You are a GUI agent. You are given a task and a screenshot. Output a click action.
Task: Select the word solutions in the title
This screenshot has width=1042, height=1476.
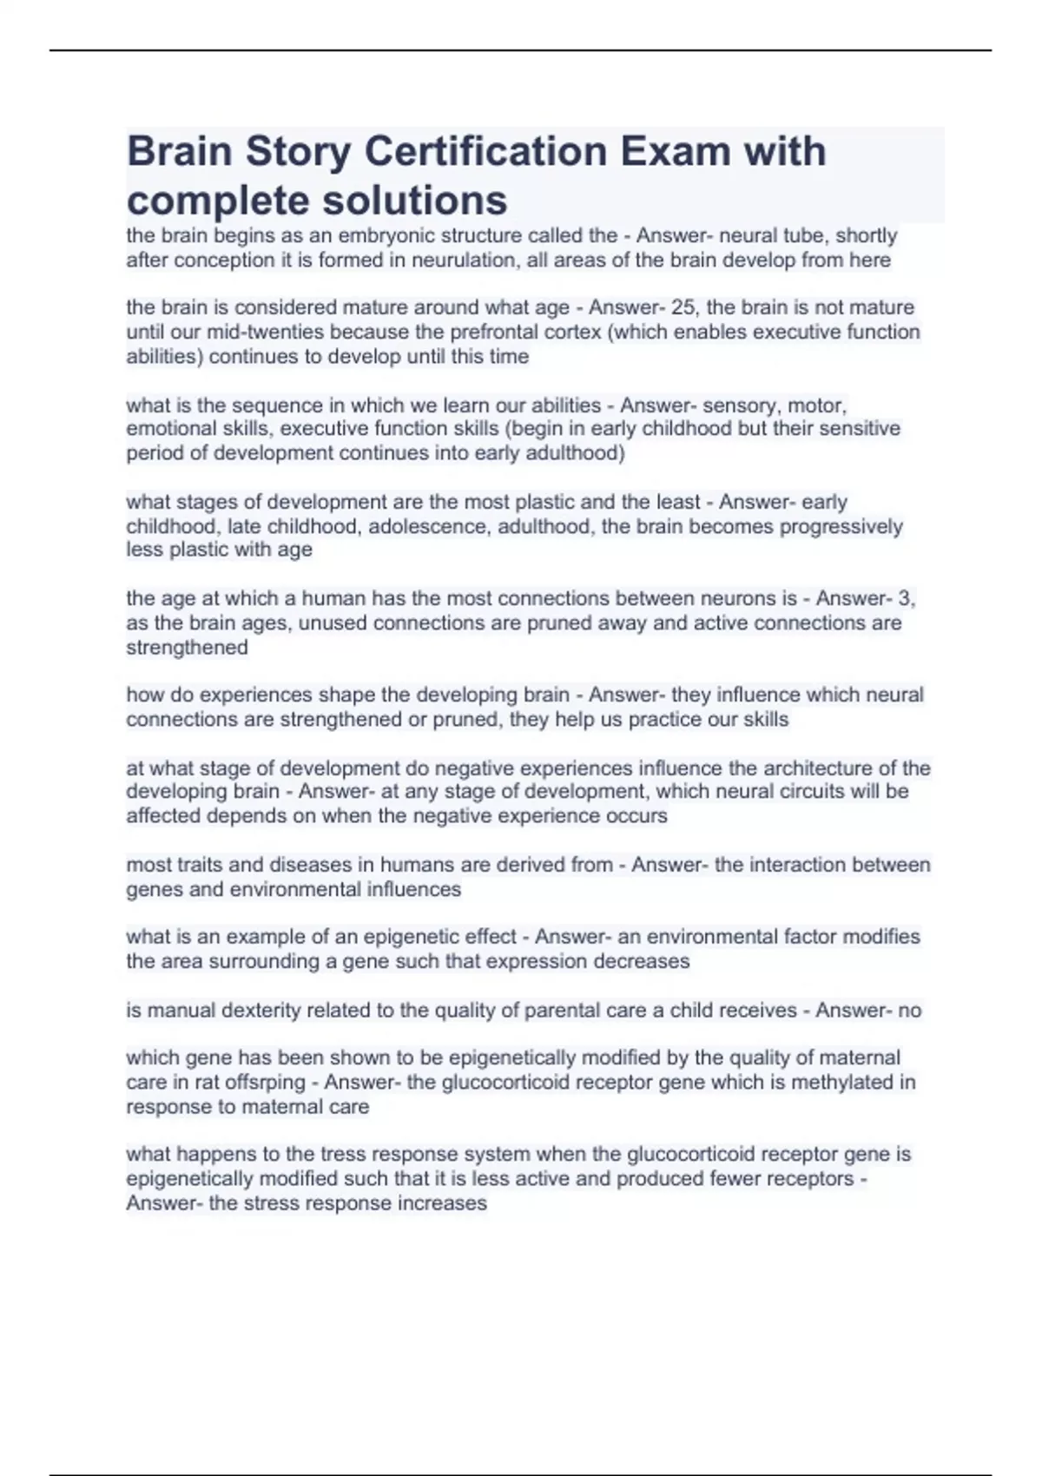[x=415, y=200]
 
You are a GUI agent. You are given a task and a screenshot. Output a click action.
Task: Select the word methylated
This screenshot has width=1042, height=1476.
[x=836, y=1082]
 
